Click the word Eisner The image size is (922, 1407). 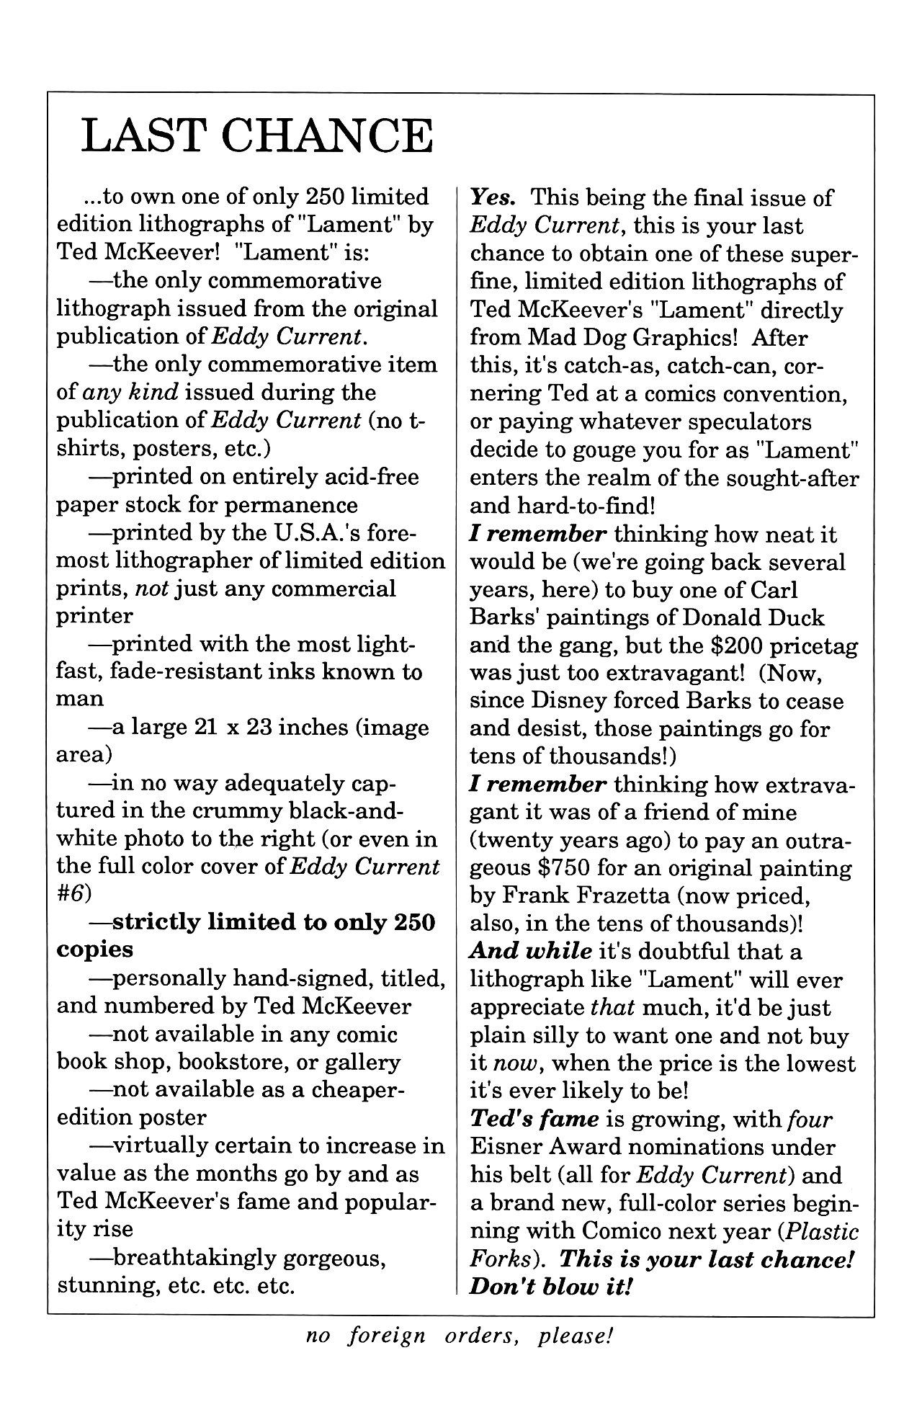[x=506, y=1148]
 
